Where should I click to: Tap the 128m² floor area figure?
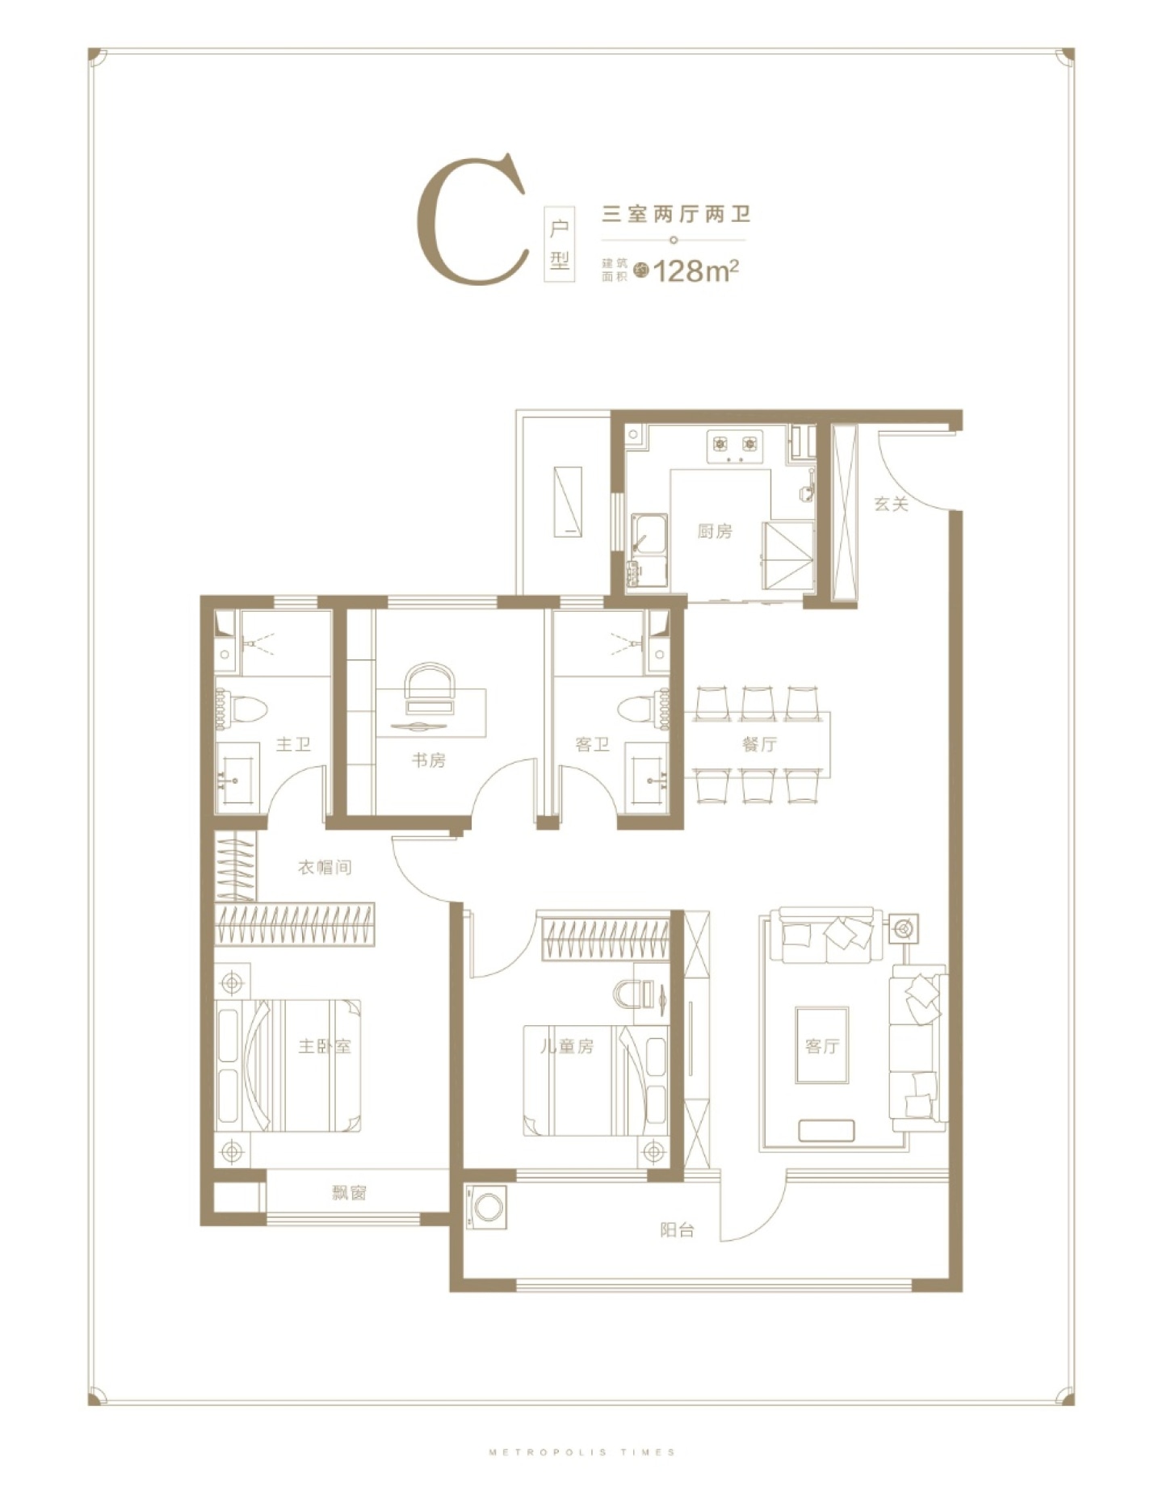(697, 270)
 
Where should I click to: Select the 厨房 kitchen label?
(715, 531)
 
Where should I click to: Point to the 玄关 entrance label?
(892, 504)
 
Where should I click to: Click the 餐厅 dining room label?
(759, 743)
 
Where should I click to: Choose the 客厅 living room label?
(822, 1046)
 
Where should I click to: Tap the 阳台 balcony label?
(677, 1230)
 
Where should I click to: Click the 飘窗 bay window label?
(349, 1192)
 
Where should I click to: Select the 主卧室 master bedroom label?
(325, 1046)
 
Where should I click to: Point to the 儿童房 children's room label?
(567, 1046)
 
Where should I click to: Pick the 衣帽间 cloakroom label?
(325, 868)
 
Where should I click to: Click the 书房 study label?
(428, 760)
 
